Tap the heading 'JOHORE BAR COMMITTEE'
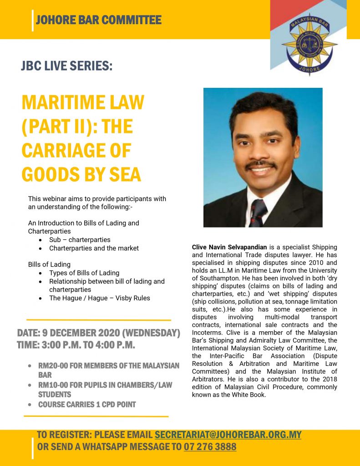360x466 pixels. pos(98,20)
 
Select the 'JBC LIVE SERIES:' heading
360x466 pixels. pos(66,66)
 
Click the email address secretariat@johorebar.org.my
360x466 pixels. pos(228,435)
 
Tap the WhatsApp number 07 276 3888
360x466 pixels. pos(210,447)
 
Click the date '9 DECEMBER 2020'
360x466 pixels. pos(86,334)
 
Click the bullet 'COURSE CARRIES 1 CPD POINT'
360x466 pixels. pos(87,405)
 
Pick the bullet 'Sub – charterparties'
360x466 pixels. pos(80,240)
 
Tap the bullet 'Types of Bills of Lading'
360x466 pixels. pos(84,273)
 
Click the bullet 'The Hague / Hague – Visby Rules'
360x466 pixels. pos(100,298)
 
